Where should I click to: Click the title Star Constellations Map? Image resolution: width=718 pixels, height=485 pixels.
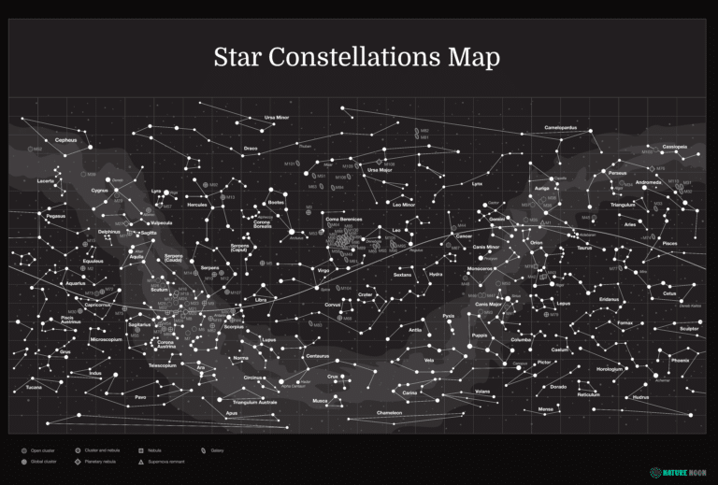[x=356, y=57]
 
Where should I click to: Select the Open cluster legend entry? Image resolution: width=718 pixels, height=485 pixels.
[x=41, y=449]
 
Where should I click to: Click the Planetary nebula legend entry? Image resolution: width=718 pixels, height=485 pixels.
[x=98, y=462]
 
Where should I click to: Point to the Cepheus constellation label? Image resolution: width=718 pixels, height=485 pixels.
[x=65, y=140]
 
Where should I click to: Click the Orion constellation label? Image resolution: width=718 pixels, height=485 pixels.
[x=537, y=242]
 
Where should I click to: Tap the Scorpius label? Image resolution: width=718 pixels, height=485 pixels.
[x=234, y=327]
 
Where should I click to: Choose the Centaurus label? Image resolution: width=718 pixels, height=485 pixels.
[x=317, y=356]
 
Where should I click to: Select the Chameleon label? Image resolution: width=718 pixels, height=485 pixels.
[x=389, y=412]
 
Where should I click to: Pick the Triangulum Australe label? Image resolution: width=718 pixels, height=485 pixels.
[x=255, y=402]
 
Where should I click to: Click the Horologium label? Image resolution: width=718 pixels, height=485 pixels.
[x=609, y=368]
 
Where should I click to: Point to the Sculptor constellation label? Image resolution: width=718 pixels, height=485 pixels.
[x=689, y=329]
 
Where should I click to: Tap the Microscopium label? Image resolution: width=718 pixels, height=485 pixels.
[x=106, y=340]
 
